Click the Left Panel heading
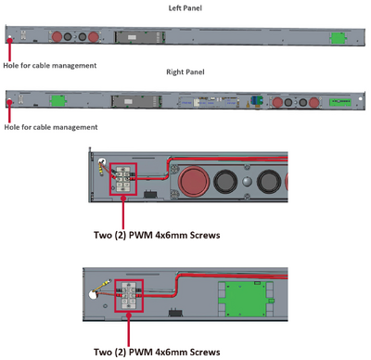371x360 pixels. (x=185, y=8)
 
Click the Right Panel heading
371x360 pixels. (x=185, y=72)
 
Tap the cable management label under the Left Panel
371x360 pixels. (x=50, y=66)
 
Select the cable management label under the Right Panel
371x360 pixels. (x=51, y=127)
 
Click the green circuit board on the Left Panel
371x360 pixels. (x=338, y=38)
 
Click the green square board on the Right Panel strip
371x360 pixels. (x=58, y=100)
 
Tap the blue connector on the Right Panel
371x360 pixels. (x=257, y=100)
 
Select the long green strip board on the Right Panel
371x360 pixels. (x=340, y=102)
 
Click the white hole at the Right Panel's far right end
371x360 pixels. (x=360, y=98)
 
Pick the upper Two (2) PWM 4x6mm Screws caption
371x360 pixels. (x=157, y=235)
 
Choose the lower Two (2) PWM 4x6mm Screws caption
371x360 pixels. (x=157, y=352)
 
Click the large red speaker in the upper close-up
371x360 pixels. (x=194, y=182)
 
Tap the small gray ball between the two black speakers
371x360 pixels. (x=247, y=182)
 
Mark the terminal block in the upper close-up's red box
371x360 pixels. (x=123, y=179)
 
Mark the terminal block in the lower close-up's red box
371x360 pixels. (x=129, y=296)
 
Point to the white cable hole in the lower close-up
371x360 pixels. (x=92, y=294)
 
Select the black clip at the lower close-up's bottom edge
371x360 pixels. (x=175, y=313)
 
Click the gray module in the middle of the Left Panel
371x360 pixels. (x=140, y=37)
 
